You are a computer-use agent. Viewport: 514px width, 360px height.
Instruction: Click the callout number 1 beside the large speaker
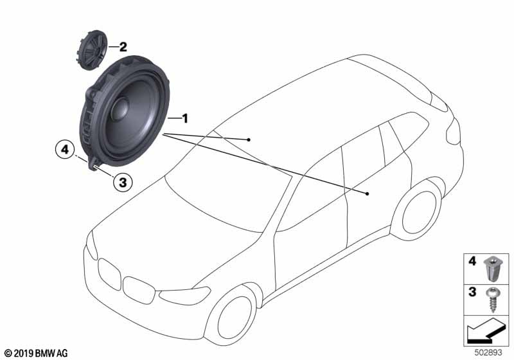(184, 118)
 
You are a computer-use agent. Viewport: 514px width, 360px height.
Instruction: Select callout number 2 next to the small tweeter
(122, 46)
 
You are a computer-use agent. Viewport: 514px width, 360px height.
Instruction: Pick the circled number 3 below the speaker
(123, 182)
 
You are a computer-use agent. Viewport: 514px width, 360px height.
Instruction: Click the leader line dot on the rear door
(367, 193)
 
